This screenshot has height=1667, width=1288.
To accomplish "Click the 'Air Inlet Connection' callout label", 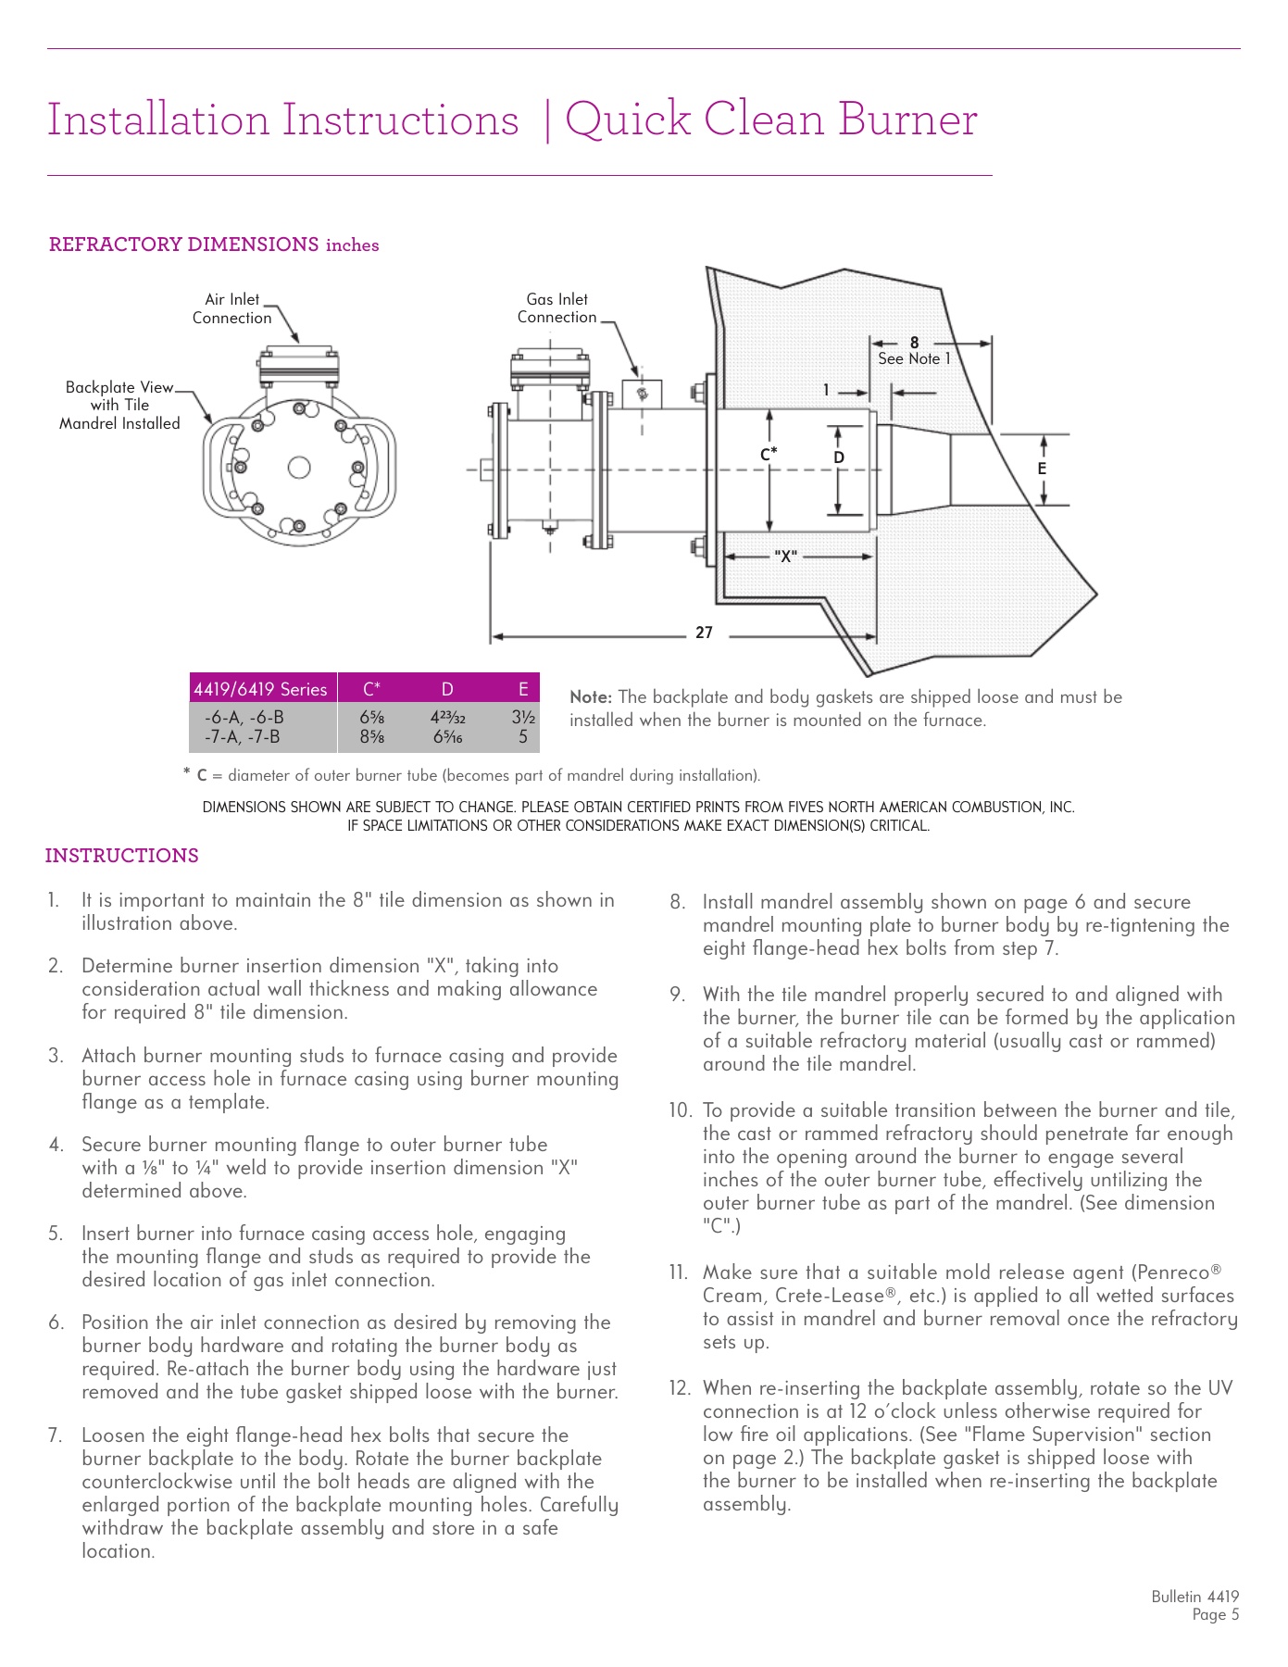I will pyautogui.click(x=231, y=308).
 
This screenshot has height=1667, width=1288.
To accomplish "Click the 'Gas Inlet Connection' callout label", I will pyautogui.click(x=556, y=307).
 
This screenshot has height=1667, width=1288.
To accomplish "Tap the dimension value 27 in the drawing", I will pyautogui.click(x=704, y=633).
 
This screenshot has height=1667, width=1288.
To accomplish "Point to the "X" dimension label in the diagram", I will pyautogui.click(x=785, y=557).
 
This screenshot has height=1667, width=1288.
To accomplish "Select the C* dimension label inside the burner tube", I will pyautogui.click(x=769, y=454).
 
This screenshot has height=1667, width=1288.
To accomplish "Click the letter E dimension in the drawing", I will pyautogui.click(x=1042, y=470).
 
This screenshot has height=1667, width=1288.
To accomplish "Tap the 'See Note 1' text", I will pyautogui.click(x=914, y=359).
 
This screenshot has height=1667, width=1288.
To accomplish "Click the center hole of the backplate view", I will pyautogui.click(x=299, y=468).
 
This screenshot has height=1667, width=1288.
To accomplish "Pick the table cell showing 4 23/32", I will pyautogui.click(x=447, y=717).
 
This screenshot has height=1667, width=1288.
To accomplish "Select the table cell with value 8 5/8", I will pyautogui.click(x=371, y=737).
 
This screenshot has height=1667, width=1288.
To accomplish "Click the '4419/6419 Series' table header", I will pyautogui.click(x=260, y=689).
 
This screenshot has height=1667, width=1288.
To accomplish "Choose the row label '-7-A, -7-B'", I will pyautogui.click(x=243, y=737).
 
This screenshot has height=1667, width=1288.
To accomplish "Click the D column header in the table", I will pyautogui.click(x=447, y=689).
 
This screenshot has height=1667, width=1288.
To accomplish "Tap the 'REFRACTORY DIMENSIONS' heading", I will pyautogui.click(x=183, y=244).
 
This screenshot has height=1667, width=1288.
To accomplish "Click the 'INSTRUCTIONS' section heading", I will pyautogui.click(x=121, y=856).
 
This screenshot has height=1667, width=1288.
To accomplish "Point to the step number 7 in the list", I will pyautogui.click(x=55, y=1435).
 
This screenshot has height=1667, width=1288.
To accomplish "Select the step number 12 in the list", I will pyautogui.click(x=680, y=1388).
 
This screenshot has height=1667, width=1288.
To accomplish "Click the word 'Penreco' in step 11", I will pyautogui.click(x=1172, y=1272).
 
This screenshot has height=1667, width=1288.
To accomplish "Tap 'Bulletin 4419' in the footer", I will pyautogui.click(x=1194, y=1597).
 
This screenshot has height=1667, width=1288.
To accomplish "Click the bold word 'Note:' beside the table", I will pyautogui.click(x=591, y=697).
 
